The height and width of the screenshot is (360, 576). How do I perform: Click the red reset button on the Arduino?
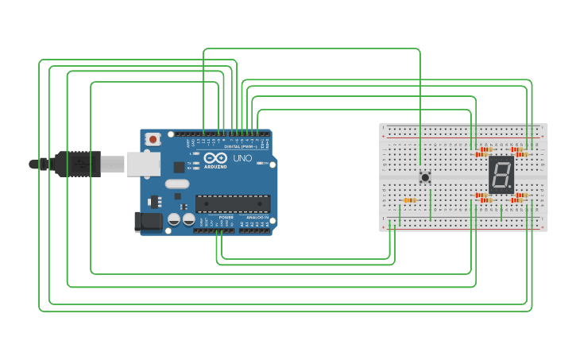pos(153,139)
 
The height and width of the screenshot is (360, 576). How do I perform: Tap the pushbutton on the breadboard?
pos(425,177)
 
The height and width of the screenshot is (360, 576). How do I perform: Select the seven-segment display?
pos(501,174)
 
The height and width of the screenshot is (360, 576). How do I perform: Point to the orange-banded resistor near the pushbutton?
pos(410,200)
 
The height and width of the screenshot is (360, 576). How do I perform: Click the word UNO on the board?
pos(243,158)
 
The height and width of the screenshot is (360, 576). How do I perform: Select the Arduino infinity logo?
pos(215,157)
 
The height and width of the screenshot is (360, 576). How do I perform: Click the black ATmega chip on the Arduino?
pos(233,203)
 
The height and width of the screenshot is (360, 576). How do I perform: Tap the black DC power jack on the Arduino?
pos(148,222)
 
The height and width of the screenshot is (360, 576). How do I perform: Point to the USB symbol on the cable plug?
pos(79,165)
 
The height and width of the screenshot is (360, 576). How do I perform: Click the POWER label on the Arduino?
pos(226,217)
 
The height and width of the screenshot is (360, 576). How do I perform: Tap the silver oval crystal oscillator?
pos(177,184)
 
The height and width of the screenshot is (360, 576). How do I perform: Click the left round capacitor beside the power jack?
pos(174,219)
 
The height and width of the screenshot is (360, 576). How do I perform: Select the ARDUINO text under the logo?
pos(215,167)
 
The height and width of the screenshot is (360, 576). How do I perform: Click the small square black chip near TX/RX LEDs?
pos(180,167)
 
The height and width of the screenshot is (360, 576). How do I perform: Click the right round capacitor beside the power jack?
pos(188,219)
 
